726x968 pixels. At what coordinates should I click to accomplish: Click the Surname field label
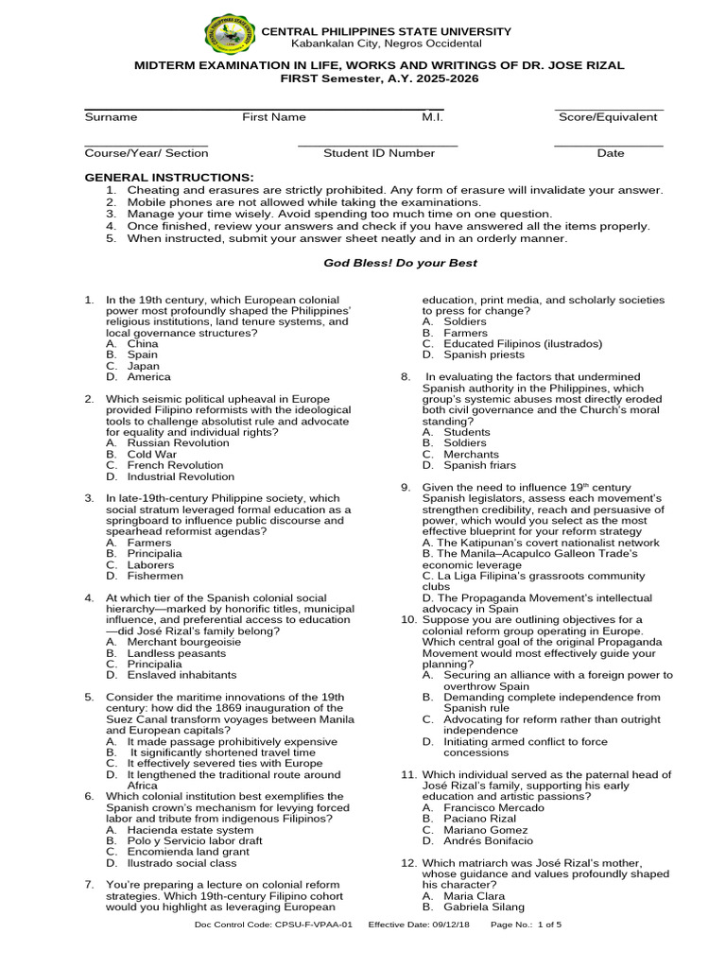pos(111,117)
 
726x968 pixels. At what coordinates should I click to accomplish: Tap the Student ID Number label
pos(379,153)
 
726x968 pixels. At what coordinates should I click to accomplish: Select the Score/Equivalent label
pos(608,117)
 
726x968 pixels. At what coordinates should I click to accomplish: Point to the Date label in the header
pos(610,153)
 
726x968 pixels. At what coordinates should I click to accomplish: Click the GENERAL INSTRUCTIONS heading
pos(169,178)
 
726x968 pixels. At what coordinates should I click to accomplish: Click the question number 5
pos(89,697)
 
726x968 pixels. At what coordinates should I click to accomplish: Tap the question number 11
pos(408,774)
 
